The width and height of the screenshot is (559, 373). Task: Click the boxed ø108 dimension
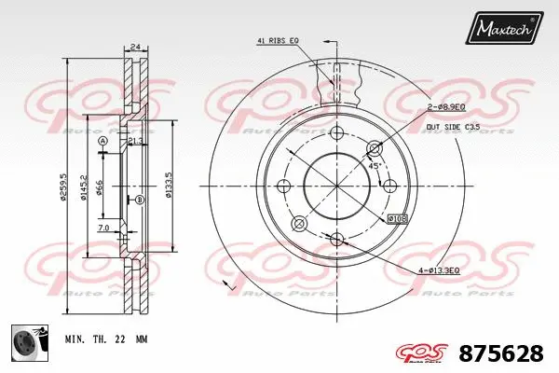397,218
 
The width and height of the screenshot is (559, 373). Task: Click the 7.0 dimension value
102,227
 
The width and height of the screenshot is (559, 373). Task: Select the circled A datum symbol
103,141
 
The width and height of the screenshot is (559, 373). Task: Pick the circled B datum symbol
139,200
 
